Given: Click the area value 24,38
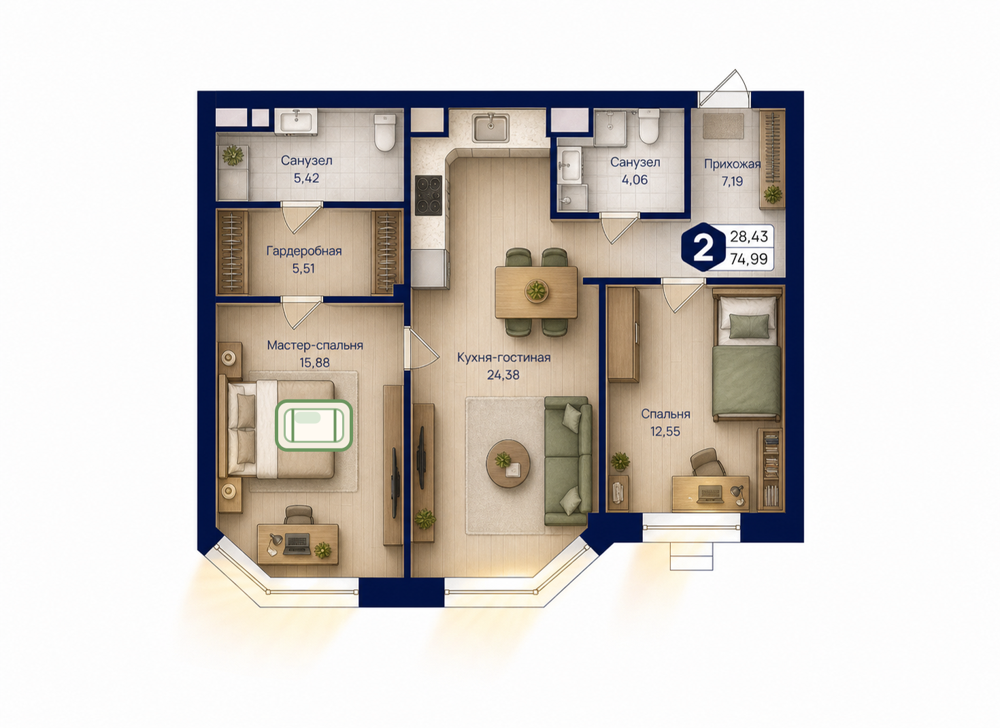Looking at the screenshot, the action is (x=503, y=375).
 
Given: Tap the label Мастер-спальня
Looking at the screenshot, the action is (x=315, y=345).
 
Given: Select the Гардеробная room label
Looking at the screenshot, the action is (x=303, y=251).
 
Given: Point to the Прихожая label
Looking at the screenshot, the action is (x=732, y=164).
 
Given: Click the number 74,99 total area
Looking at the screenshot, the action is (x=749, y=259).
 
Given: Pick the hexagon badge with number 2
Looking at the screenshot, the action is (x=703, y=247).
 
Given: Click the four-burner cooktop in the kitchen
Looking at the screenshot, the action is (x=429, y=195).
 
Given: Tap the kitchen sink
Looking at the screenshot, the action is (x=490, y=127).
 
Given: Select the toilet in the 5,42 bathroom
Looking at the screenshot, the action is (x=384, y=132).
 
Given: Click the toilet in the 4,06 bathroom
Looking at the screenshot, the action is (x=649, y=127).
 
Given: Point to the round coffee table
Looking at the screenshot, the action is (x=508, y=463).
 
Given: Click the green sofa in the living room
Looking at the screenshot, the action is (x=568, y=461).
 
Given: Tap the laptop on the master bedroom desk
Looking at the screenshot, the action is (x=297, y=544).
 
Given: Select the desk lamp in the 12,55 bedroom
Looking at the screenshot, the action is (x=738, y=495).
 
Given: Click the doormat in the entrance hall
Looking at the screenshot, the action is (x=723, y=127).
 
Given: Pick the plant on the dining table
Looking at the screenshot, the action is (x=536, y=291).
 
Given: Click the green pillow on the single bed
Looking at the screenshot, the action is (x=750, y=326).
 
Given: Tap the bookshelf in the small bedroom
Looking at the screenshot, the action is (x=770, y=469).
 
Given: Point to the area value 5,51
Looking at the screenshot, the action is (x=303, y=269).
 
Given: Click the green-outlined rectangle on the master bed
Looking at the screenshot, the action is (x=314, y=425).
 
